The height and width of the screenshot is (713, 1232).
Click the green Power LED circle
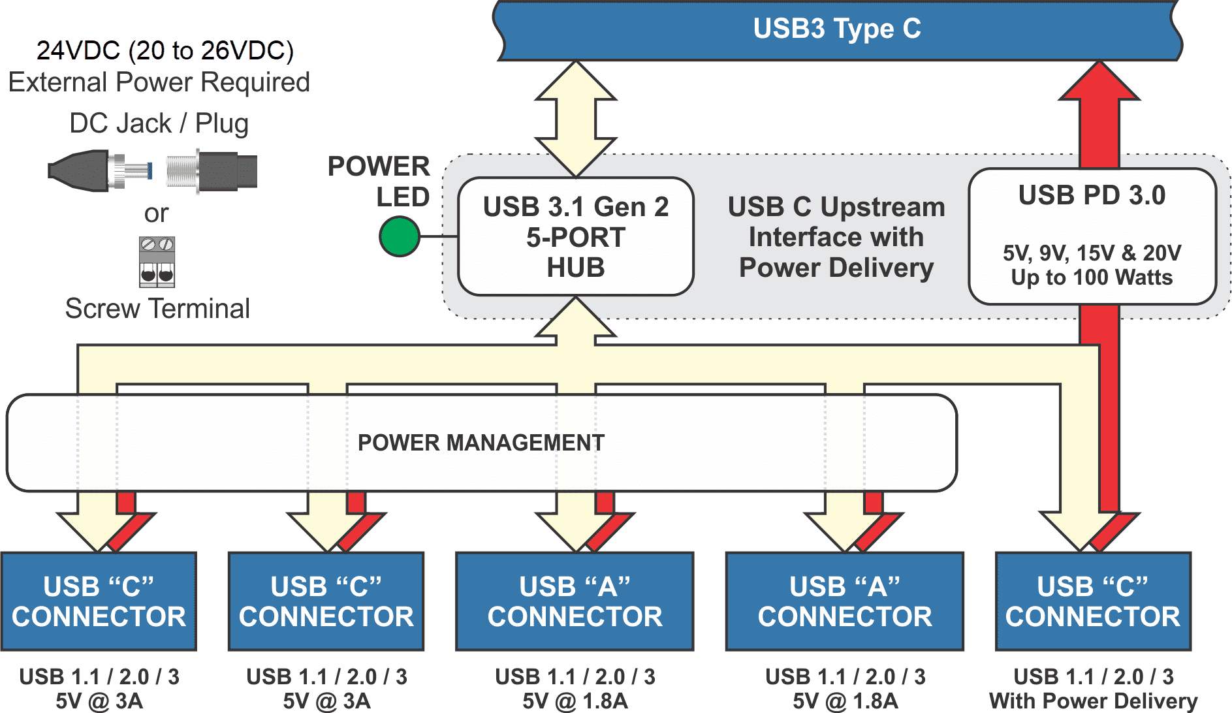pyautogui.click(x=399, y=236)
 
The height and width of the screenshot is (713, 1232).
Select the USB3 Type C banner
pyautogui.click(x=837, y=29)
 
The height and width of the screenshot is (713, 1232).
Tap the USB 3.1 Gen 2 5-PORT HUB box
pyautogui.click(x=575, y=237)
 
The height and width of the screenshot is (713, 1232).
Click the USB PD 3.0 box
pyautogui.click(x=1092, y=236)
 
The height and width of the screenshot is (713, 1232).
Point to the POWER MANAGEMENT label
pyautogui.click(x=481, y=443)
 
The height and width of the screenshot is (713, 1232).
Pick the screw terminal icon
pyautogui.click(x=157, y=262)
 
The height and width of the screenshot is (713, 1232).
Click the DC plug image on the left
pyautogui.click(x=99, y=171)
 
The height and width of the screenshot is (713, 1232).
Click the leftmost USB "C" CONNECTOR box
pyautogui.click(x=99, y=601)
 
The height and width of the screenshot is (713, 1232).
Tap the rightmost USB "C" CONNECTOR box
pyautogui.click(x=1092, y=601)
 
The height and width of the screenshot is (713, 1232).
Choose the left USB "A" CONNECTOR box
pyautogui.click(x=575, y=601)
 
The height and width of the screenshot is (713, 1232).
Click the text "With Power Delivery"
pyautogui.click(x=1092, y=701)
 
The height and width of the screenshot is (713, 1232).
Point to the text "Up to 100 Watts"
pyautogui.click(x=1092, y=277)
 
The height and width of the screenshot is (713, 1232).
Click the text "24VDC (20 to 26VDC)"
pyautogui.click(x=165, y=50)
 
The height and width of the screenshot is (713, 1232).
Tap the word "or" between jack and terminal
pyautogui.click(x=156, y=214)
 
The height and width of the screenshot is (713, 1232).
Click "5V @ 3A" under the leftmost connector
pyautogui.click(x=99, y=701)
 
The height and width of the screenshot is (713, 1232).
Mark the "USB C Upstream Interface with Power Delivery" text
pyautogui.click(x=836, y=237)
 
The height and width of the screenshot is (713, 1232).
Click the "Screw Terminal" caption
pyautogui.click(x=157, y=309)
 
